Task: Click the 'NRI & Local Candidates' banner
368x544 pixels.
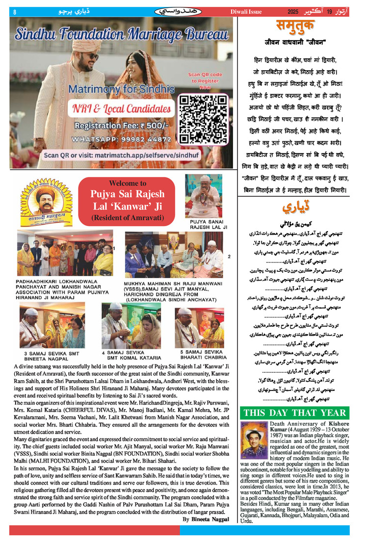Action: coord(122,109)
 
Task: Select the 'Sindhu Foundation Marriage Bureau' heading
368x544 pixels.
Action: coord(122,34)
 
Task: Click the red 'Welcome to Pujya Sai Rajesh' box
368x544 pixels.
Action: coord(127,200)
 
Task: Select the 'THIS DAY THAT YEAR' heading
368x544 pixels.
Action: coord(295,413)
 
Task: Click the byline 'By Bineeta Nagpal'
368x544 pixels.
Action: coord(206,519)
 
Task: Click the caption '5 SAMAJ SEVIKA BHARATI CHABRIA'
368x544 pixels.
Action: coord(199,355)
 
